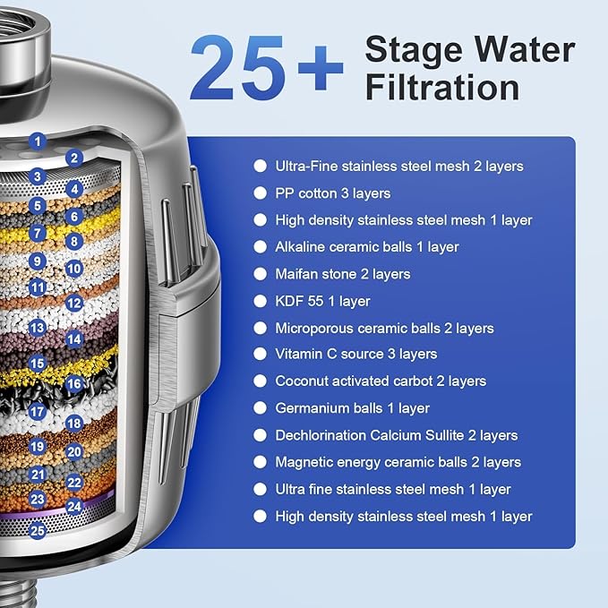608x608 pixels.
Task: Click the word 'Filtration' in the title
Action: coord(441,88)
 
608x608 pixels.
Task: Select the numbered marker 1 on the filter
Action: coord(37,140)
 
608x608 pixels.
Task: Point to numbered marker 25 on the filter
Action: coord(37,530)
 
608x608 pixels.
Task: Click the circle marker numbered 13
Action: coord(37,329)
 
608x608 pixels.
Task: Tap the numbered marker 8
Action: coord(74,242)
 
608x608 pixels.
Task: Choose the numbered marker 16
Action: coord(74,383)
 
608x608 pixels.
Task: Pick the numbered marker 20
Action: coord(74,453)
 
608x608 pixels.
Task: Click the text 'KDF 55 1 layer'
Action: coord(322,301)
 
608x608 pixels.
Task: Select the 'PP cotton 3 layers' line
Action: coord(333,193)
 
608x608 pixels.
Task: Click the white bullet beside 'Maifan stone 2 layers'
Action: coord(260,274)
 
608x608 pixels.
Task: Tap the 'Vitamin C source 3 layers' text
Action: coord(356,354)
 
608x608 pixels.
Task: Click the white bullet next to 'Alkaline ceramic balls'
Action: coord(260,246)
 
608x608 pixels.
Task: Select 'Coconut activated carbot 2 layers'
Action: coord(381,381)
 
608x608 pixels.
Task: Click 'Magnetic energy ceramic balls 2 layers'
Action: coord(398,462)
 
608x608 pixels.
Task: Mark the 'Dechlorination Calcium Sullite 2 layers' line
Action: coord(396,435)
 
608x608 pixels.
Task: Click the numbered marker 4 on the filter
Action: coord(74,190)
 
